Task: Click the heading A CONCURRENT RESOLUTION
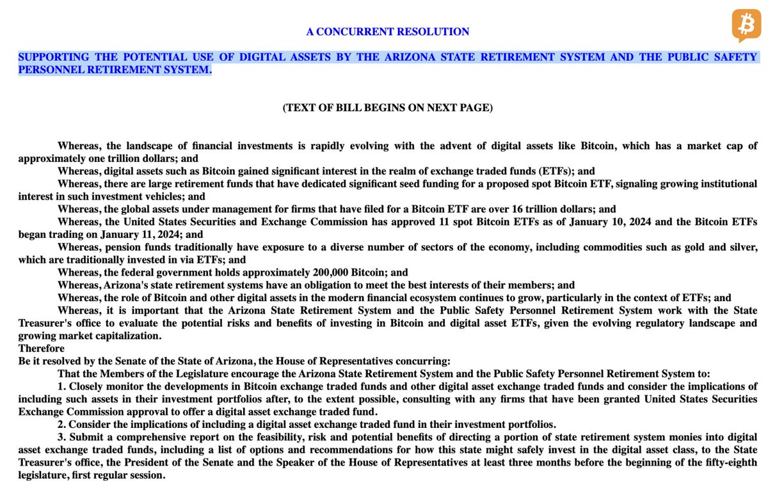pyautogui.click(x=388, y=31)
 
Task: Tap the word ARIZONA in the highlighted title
pyautogui.click(x=408, y=57)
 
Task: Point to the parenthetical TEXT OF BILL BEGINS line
pyautogui.click(x=388, y=107)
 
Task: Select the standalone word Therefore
pyautogui.click(x=42, y=349)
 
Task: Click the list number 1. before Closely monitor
pyautogui.click(x=61, y=386)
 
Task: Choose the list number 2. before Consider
pyautogui.click(x=61, y=425)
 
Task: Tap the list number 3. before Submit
pyautogui.click(x=61, y=437)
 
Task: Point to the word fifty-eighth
pyautogui.click(x=729, y=462)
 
